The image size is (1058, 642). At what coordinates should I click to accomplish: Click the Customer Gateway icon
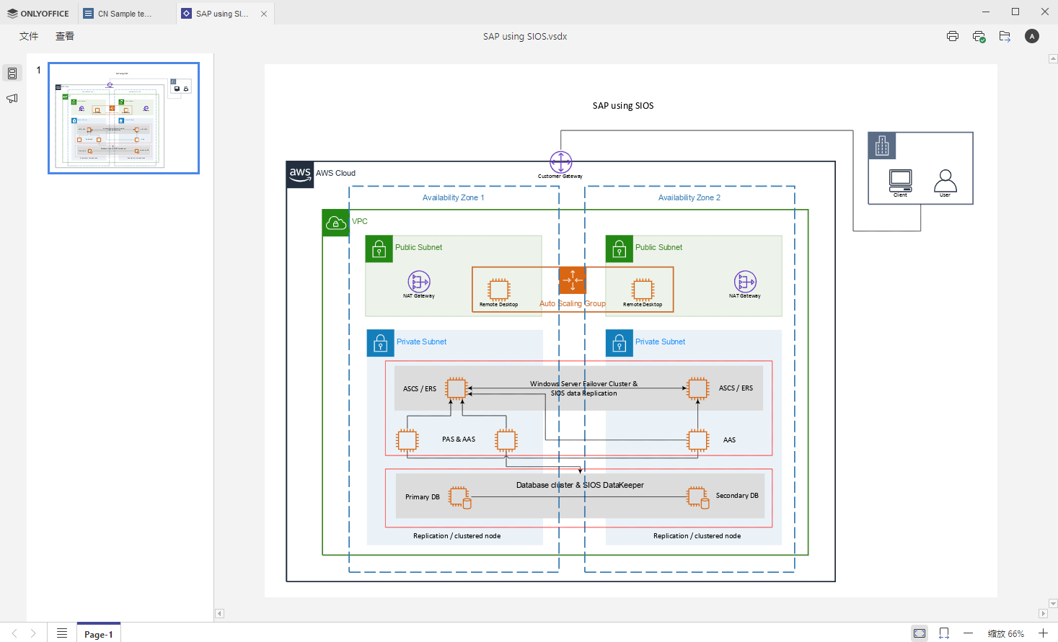561,162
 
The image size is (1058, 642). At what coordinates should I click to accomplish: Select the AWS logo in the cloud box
300,174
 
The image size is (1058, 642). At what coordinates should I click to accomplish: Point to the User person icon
945,180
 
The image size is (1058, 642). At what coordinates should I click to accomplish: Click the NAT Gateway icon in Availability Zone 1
419,281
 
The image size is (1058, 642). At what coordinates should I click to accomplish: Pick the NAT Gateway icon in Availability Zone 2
745,281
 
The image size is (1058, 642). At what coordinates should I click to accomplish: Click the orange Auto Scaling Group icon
573,280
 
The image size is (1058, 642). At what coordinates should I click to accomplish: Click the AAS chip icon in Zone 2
698,440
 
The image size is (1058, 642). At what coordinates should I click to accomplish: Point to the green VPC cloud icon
335,223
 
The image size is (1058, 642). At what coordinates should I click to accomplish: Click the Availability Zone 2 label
689,197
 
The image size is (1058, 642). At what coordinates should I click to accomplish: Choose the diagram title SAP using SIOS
623,106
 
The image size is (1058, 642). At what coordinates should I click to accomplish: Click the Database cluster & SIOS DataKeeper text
580,485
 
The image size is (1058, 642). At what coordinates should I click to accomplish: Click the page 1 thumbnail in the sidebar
123,118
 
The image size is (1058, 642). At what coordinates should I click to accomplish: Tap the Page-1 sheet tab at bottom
99,634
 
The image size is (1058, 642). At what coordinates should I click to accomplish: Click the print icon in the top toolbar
953,36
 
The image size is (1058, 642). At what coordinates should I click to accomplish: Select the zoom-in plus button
1043,633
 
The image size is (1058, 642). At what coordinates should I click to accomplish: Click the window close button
1044,12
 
